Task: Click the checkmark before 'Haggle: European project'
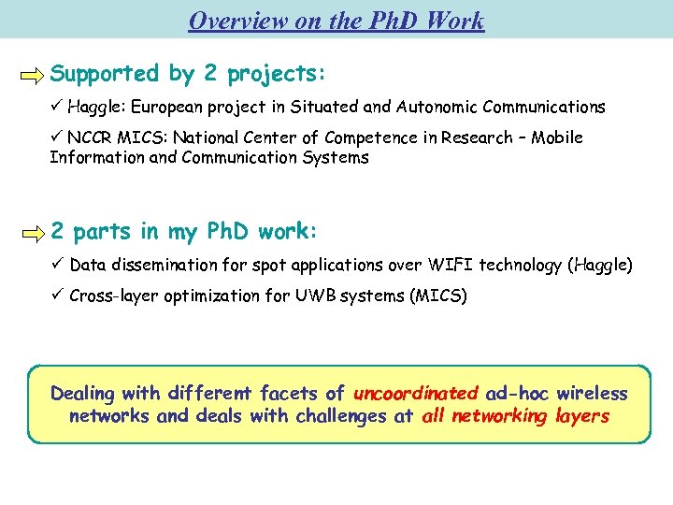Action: (57, 108)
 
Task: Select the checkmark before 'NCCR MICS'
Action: (57, 138)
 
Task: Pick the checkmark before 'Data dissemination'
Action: (57, 266)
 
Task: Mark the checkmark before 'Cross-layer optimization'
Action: (57, 296)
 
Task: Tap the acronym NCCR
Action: (93, 138)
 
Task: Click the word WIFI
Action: (449, 266)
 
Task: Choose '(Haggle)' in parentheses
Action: (600, 266)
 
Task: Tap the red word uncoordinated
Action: (416, 394)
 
